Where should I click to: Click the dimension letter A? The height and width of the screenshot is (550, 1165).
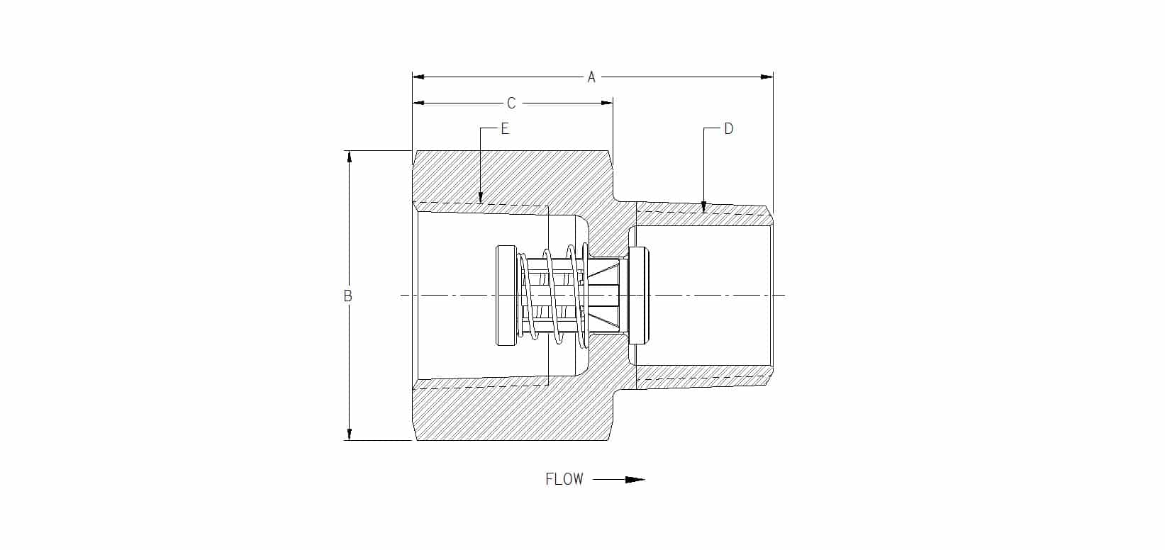click(x=591, y=77)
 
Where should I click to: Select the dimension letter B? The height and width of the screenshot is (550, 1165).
click(x=348, y=296)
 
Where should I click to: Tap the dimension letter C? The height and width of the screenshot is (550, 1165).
click(x=511, y=103)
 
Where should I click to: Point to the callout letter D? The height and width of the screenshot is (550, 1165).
click(x=729, y=129)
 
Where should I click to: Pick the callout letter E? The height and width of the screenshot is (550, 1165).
click(x=504, y=129)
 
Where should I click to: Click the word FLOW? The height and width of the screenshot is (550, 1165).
click(x=564, y=479)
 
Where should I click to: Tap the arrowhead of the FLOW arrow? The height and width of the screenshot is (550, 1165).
click(x=635, y=479)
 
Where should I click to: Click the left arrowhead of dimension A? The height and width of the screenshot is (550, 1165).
click(x=418, y=77)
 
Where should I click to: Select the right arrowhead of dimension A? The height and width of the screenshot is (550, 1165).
click(x=767, y=77)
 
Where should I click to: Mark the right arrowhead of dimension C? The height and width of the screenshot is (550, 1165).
click(x=606, y=103)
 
